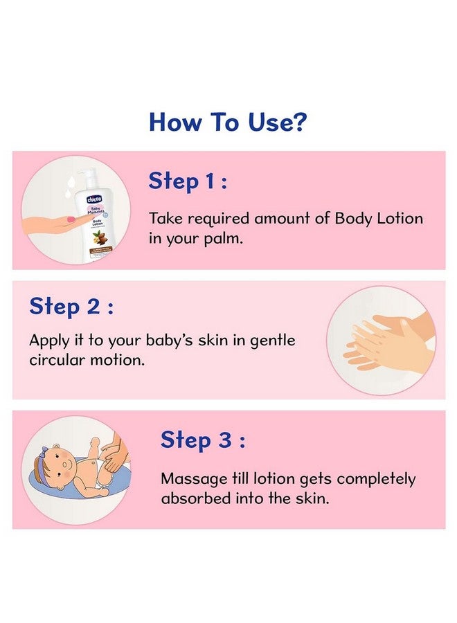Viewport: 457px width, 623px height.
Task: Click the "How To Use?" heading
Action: (x=228, y=122)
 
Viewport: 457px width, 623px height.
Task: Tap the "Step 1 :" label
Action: (x=188, y=181)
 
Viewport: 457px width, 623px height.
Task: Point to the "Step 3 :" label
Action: (x=203, y=440)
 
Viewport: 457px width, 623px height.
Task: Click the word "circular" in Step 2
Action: (x=56, y=361)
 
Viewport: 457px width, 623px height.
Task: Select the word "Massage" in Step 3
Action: (x=190, y=478)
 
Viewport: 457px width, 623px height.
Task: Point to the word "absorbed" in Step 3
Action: (x=193, y=498)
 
